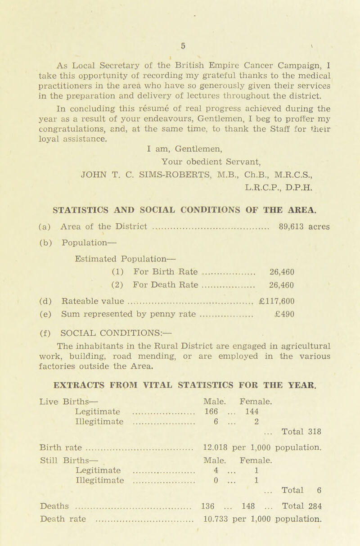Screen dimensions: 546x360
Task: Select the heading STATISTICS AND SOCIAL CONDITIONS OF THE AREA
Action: coord(180,195)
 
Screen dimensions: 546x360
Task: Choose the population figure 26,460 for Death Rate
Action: coord(281,272)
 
